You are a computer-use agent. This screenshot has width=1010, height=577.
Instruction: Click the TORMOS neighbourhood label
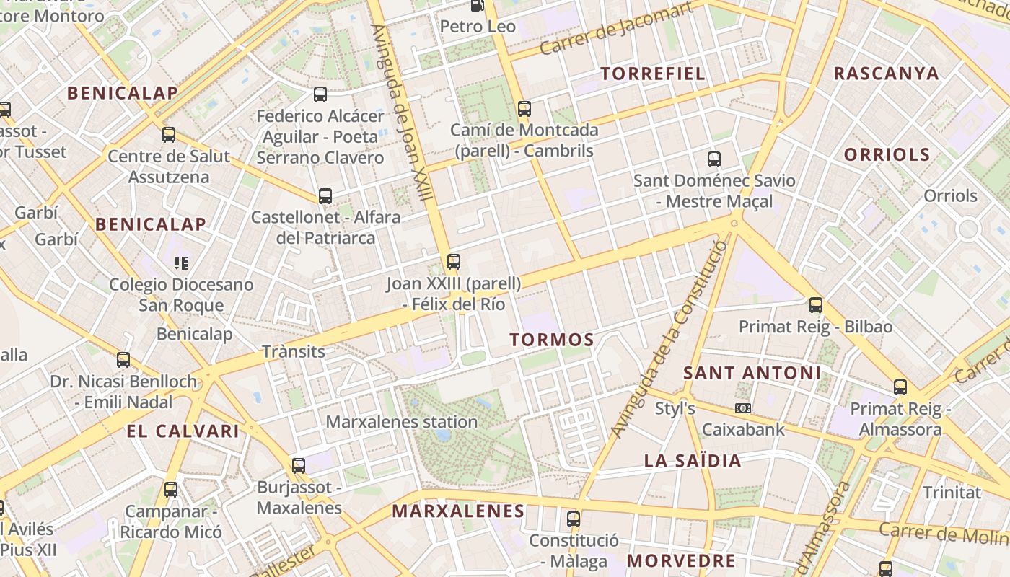552,340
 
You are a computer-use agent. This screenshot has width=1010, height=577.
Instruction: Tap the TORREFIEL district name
653,74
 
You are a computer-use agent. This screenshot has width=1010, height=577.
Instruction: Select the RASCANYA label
887,74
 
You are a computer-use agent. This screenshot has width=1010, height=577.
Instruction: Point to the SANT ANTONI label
752,373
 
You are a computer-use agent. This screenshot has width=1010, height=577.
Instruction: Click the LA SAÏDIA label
693,461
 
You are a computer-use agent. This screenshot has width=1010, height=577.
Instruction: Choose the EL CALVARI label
183,431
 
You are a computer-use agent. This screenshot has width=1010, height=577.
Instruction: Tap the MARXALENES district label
458,511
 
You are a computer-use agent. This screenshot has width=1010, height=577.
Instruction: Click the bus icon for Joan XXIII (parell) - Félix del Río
454,261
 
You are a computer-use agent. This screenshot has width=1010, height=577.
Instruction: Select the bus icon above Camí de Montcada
524,109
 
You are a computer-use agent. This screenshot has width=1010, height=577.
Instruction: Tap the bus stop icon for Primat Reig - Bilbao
816,305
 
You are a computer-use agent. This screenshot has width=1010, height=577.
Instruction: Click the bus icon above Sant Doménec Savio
714,159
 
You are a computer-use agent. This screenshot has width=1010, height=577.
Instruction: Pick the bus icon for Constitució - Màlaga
574,519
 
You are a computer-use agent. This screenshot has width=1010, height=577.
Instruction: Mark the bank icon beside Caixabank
743,408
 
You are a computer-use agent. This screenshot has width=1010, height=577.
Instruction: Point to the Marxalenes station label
402,422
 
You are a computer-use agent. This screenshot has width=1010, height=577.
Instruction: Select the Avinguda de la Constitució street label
669,339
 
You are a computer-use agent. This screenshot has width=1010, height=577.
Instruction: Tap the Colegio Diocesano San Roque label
181,294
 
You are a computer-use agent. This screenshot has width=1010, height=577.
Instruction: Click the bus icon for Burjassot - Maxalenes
299,466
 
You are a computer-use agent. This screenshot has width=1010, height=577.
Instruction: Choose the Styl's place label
675,409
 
